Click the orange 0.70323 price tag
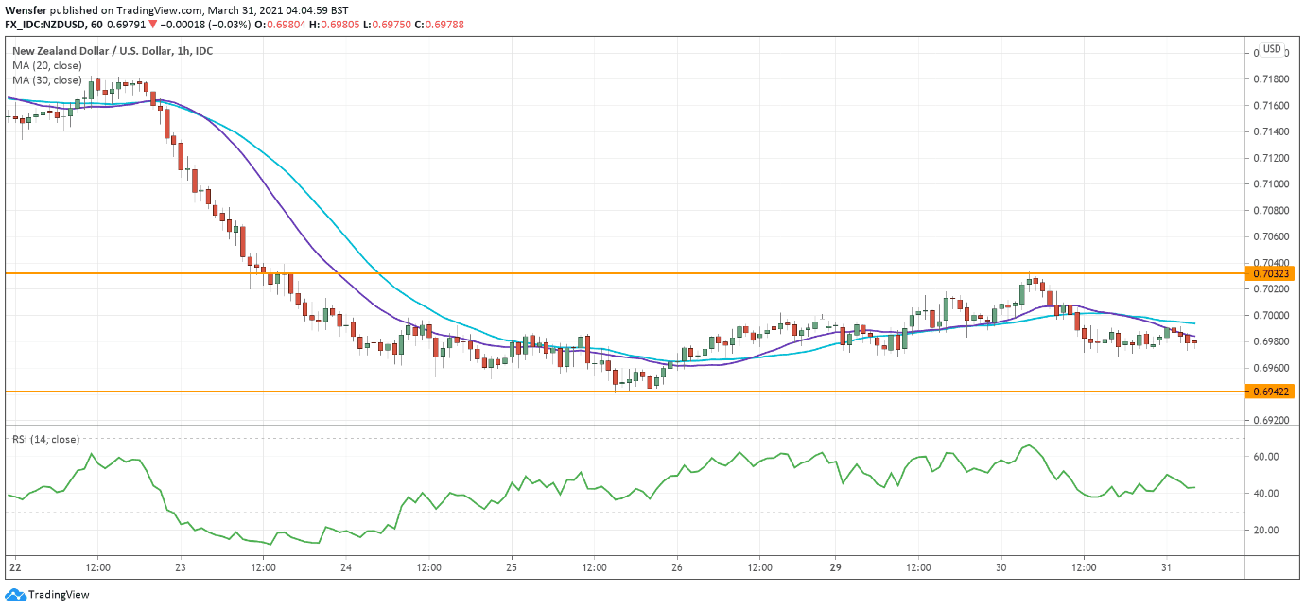[x=1272, y=274]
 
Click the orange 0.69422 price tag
[x=1272, y=391]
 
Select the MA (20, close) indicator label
[x=46, y=65]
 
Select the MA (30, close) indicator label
[x=46, y=80]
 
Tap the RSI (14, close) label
[x=45, y=439]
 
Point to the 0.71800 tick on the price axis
[x=1272, y=79]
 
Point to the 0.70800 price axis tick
[x=1272, y=210]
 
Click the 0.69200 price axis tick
[x=1272, y=420]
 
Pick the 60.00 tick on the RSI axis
[x=1267, y=456]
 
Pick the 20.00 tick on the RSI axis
[x=1267, y=530]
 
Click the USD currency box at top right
[x=1272, y=49]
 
